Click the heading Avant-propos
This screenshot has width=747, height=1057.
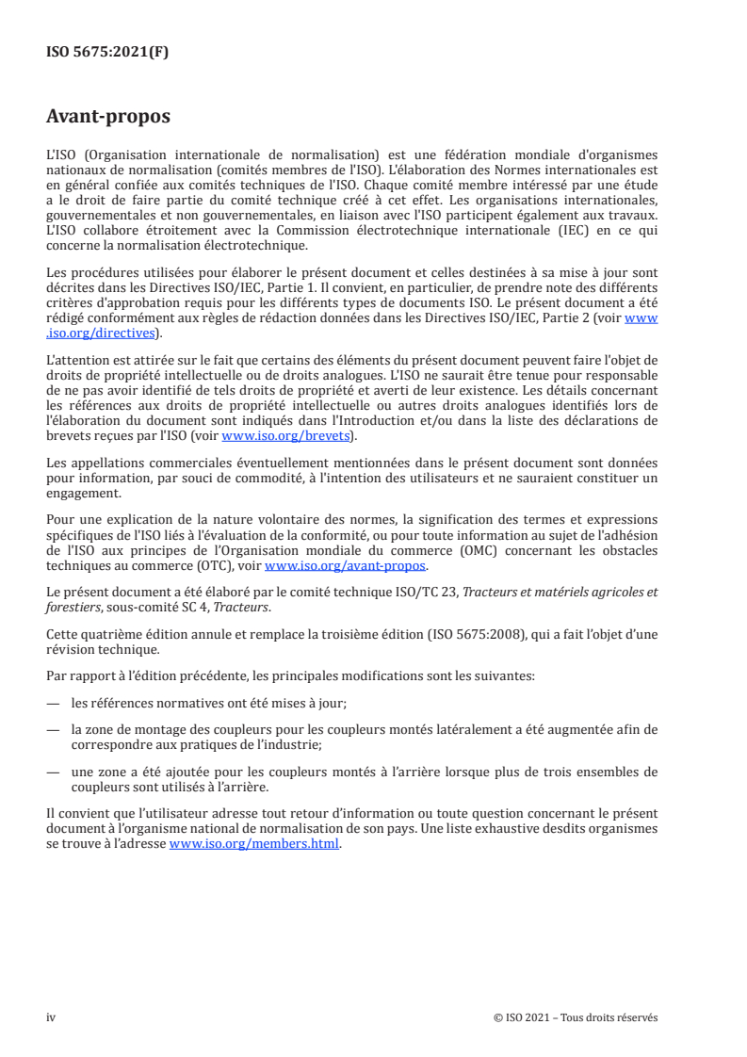[x=108, y=118]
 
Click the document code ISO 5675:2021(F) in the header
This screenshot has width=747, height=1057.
[x=107, y=52]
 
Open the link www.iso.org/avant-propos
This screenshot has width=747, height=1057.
[x=346, y=566]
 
